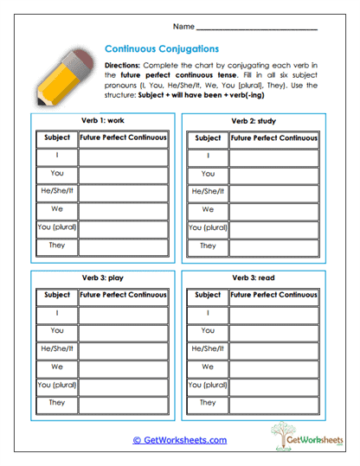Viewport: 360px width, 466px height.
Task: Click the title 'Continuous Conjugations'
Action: pyautogui.click(x=161, y=49)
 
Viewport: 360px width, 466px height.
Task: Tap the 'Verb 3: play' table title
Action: pyautogui.click(x=101, y=278)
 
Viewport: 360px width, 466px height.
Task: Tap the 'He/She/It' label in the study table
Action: pyautogui.click(x=208, y=192)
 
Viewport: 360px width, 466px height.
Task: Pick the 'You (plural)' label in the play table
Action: pyautogui.click(x=56, y=385)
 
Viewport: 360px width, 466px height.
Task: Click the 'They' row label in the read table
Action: pyautogui.click(x=208, y=403)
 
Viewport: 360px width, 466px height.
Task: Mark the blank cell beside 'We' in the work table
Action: pyautogui.click(x=123, y=210)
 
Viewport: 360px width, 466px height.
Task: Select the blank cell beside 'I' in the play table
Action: pyautogui.click(x=123, y=313)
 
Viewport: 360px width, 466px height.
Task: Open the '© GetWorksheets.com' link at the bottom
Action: pyautogui.click(x=180, y=440)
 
